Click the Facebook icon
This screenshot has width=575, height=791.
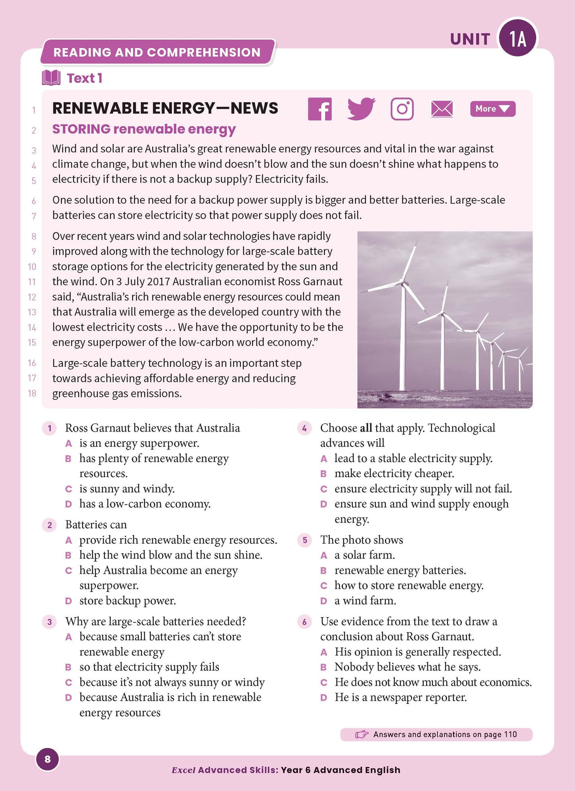tap(320, 109)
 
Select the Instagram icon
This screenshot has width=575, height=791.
tap(402, 109)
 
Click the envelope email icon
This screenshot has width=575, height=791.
tap(442, 109)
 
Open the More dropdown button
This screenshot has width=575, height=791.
tap(492, 109)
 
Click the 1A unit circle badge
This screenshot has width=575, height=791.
tap(518, 39)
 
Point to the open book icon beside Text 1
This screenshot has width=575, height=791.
tap(51, 78)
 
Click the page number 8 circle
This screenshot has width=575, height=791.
tap(48, 759)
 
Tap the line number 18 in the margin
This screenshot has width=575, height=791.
tap(32, 394)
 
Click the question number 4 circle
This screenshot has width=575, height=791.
tap(304, 428)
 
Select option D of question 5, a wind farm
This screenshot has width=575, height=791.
tap(324, 601)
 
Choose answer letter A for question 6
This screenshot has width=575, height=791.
tap(324, 652)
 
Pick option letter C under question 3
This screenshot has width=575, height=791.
tap(68, 683)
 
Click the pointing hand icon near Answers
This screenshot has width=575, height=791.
tap(361, 734)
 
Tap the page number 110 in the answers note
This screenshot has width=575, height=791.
tap(510, 734)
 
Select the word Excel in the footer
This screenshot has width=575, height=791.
tap(183, 770)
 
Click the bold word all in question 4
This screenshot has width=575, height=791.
tap(366, 428)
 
